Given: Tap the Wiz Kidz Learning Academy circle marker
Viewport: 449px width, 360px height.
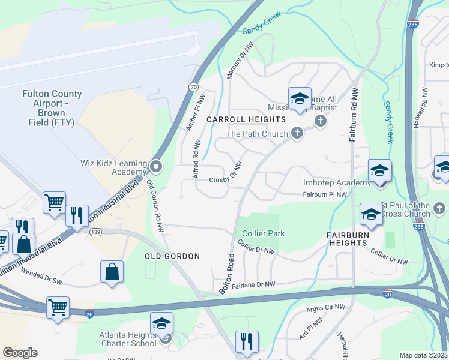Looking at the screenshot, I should click(155, 166).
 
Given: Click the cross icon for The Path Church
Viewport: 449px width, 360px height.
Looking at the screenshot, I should click(297, 133).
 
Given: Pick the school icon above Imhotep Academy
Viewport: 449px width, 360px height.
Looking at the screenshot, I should click(379, 171).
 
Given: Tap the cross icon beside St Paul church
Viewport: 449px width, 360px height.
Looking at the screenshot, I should click(439, 208).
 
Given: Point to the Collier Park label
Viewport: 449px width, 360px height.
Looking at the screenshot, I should click(263, 233).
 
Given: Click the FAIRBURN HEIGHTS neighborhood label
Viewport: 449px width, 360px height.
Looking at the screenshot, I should click(355, 239).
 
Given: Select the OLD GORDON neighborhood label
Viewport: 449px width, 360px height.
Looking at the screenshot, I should click(172, 256).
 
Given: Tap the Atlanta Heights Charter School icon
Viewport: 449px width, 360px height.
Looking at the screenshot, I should click(161, 325).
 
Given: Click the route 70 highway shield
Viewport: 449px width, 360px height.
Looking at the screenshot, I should click(193, 87).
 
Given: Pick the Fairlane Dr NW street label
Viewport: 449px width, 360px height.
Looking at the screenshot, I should click(253, 285).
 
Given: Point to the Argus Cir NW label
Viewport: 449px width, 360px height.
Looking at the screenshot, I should click(326, 307).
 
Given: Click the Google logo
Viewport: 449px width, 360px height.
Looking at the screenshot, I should click(20, 353).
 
